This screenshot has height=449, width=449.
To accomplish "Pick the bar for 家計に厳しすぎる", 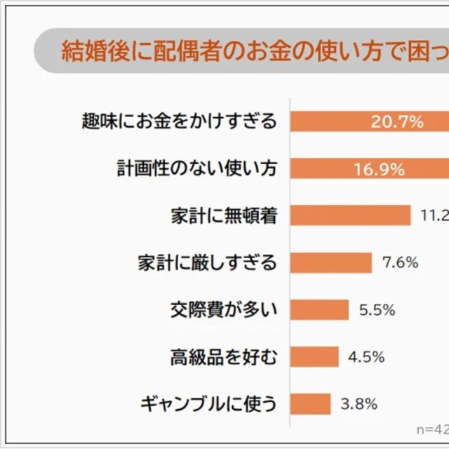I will point(330,262).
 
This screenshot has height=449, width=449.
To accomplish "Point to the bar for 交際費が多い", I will point(319,309).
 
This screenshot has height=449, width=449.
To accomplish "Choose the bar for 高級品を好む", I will point(314,356).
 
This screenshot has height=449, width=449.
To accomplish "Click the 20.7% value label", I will point(397,122).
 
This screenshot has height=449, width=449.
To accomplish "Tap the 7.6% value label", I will point(401,263).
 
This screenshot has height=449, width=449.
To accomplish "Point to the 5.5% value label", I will point(377,310).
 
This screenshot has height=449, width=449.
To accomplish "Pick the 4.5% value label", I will point(366,357).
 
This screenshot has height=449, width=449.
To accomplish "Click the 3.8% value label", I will point(359,404).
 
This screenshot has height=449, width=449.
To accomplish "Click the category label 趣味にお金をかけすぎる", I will point(180,121).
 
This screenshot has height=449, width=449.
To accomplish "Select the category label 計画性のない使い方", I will point(196,168).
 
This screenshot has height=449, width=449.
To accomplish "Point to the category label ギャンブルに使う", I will point(208,403).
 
